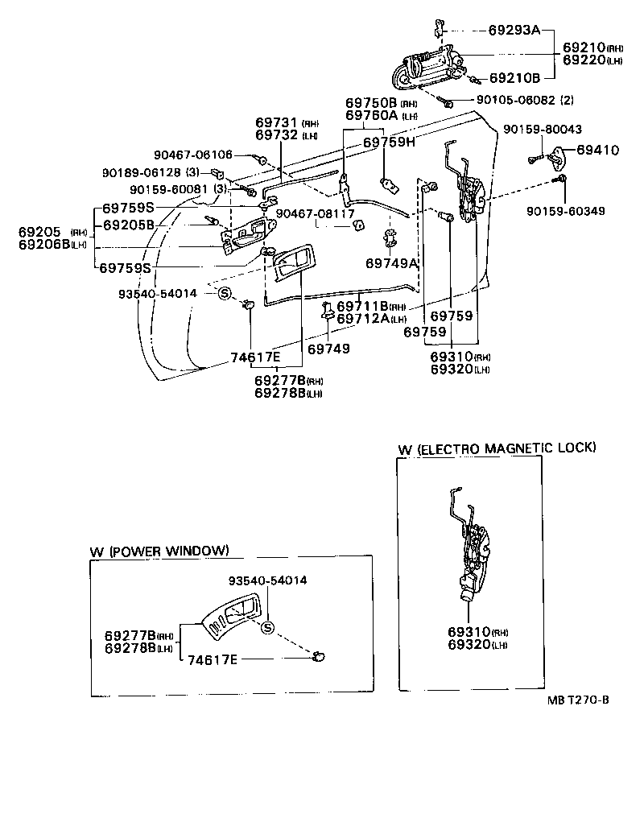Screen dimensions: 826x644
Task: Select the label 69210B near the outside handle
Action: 514,78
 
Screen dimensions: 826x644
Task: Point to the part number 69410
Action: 597,150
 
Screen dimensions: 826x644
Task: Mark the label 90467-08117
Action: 315,213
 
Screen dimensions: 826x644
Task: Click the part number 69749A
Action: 392,263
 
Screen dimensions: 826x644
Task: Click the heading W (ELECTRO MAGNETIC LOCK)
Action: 496,448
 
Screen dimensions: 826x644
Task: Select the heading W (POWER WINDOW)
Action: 159,551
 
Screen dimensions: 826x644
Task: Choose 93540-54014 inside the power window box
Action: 267,580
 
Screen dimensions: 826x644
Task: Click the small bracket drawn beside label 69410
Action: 555,155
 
